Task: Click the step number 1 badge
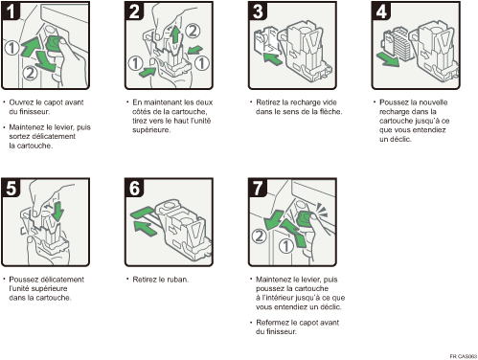coord(11,11)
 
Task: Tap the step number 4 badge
coord(381,11)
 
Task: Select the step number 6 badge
coord(134,188)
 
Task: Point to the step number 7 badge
coord(258,188)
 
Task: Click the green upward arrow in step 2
coord(175,34)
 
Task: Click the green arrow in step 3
coord(272,58)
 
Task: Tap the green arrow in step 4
coord(388,59)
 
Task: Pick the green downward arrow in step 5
coord(57,211)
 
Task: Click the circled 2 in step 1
coord(30,73)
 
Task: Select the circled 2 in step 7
coord(259,236)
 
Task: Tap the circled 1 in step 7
coord(285,246)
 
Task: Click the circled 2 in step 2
coord(193,31)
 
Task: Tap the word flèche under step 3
coord(330,112)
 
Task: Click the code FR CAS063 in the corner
coord(464,356)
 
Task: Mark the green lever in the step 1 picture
coord(54,44)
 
